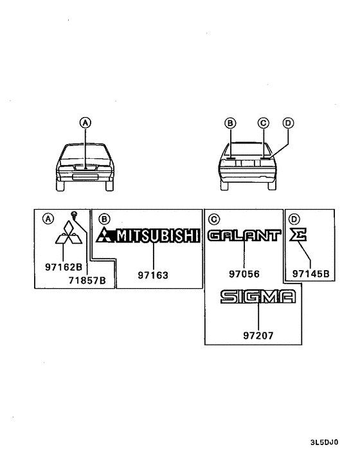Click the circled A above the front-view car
click(x=85, y=123)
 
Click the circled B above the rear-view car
click(x=230, y=123)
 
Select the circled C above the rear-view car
click(x=264, y=123)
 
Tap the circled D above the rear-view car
click(x=288, y=123)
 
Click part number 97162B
click(x=64, y=267)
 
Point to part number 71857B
click(x=87, y=280)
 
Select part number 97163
click(x=153, y=275)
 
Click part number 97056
click(x=244, y=274)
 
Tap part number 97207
click(x=258, y=336)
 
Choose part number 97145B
click(x=310, y=273)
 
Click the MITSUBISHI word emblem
click(x=158, y=235)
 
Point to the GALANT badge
click(x=244, y=235)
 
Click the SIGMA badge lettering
click(x=258, y=296)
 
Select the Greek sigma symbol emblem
click(x=298, y=235)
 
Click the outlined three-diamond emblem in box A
click(x=69, y=233)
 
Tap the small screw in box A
click(x=74, y=215)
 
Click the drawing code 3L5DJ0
click(x=324, y=442)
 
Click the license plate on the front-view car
click(x=85, y=177)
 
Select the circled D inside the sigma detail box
click(x=294, y=219)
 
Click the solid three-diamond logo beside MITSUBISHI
click(x=105, y=235)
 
